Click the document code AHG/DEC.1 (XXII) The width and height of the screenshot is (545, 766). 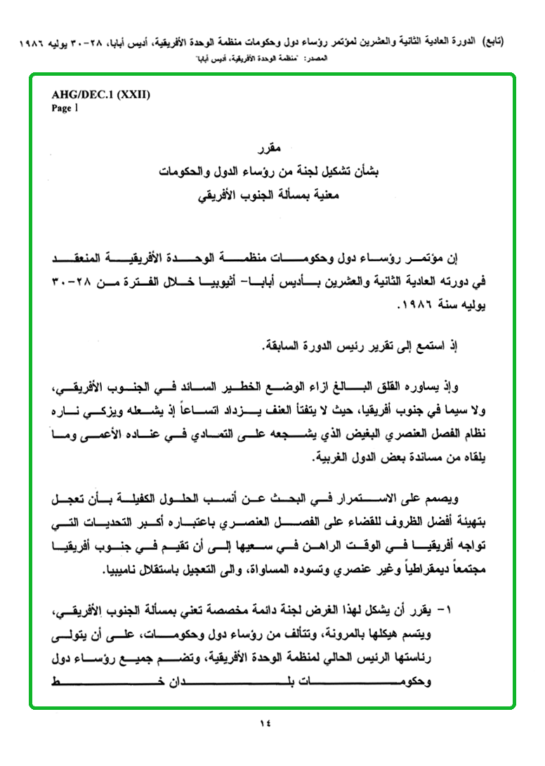(x=100, y=94)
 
